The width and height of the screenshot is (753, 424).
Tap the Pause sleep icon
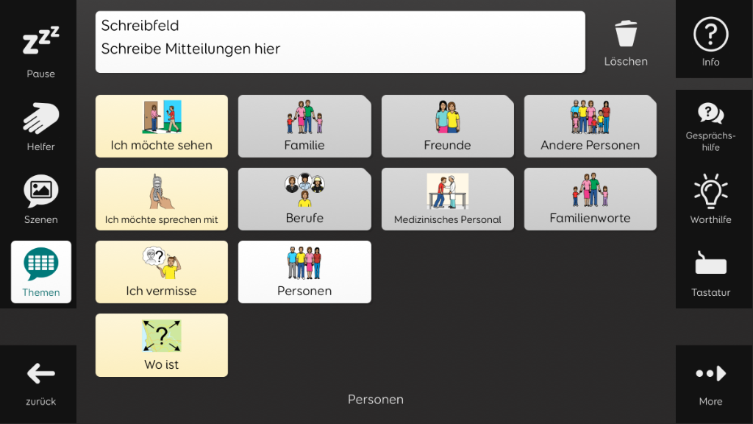click(x=41, y=40)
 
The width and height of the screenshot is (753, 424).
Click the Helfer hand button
click(x=41, y=127)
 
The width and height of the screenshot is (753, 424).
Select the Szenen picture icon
click(x=41, y=191)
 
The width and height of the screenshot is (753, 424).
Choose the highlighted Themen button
click(x=41, y=272)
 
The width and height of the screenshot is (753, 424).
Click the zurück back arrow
click(x=41, y=373)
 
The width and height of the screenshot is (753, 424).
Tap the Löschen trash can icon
click(x=626, y=34)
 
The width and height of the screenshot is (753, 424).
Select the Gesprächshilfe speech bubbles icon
click(x=711, y=113)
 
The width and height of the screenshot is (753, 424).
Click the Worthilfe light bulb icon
click(x=711, y=191)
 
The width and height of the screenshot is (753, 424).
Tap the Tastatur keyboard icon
click(x=711, y=263)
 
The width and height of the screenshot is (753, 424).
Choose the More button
click(x=711, y=382)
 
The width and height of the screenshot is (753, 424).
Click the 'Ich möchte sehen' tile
click(x=161, y=126)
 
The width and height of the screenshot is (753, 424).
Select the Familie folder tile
click(x=304, y=126)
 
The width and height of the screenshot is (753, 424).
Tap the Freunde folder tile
click(x=448, y=126)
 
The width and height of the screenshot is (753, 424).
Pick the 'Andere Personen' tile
click(x=590, y=126)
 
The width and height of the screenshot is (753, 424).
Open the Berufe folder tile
click(x=304, y=199)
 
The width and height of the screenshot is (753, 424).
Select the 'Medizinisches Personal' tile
click(x=448, y=199)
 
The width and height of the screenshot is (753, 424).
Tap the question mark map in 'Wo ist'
click(x=161, y=336)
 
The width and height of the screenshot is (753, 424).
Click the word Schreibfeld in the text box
click(x=140, y=26)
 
